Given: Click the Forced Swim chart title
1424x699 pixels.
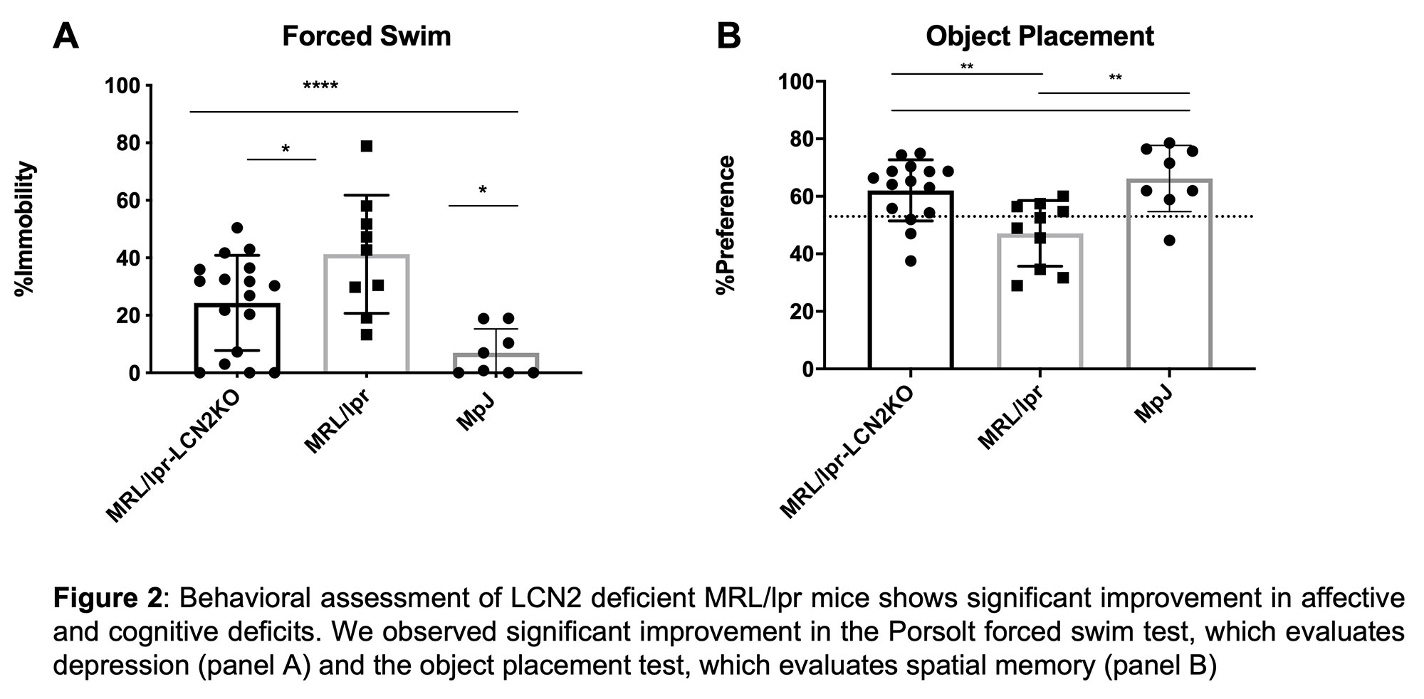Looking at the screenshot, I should point(366,36).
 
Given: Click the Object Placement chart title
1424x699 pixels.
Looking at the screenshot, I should point(1040,36).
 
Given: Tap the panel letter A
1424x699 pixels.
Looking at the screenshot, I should point(66,36).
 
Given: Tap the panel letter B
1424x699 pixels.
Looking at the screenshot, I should point(728,36).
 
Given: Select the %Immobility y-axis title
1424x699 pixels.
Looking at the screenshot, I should point(26,228).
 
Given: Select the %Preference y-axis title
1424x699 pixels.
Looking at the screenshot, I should point(726,225).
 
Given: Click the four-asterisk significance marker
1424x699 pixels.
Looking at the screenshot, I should point(320,88).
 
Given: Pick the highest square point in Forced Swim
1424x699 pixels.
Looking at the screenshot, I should point(367,146).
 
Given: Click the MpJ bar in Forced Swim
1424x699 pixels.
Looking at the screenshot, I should point(496,363).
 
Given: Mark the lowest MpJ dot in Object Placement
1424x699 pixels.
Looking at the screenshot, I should point(1169,241).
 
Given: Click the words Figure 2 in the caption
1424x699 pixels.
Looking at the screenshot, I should point(107,599).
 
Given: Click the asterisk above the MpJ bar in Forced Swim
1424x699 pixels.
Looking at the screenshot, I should point(483,191).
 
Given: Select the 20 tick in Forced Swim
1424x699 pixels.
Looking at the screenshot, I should point(129,315).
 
